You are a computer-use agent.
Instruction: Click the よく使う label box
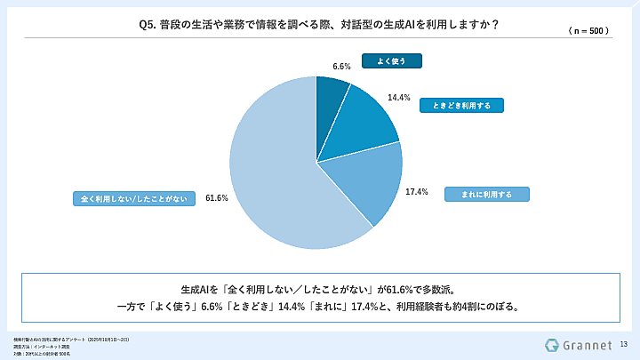(x=390, y=61)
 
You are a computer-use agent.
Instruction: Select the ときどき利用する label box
(x=462, y=105)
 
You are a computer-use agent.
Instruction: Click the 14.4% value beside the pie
(x=398, y=98)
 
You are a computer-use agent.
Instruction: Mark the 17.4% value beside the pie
(x=417, y=191)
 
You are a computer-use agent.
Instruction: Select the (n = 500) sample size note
(x=587, y=30)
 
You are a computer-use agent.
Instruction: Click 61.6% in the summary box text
(x=393, y=289)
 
